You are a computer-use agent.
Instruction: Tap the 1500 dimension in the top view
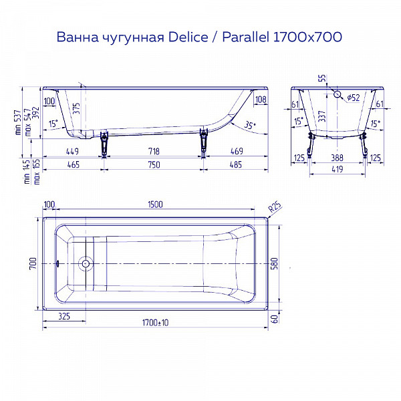[156, 205]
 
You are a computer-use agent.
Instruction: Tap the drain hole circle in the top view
[85, 263]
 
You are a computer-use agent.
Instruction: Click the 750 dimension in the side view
[155, 164]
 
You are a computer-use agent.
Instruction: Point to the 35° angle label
[249, 125]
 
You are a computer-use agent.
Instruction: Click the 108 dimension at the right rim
[261, 100]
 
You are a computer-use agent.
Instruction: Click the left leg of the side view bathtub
[104, 143]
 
